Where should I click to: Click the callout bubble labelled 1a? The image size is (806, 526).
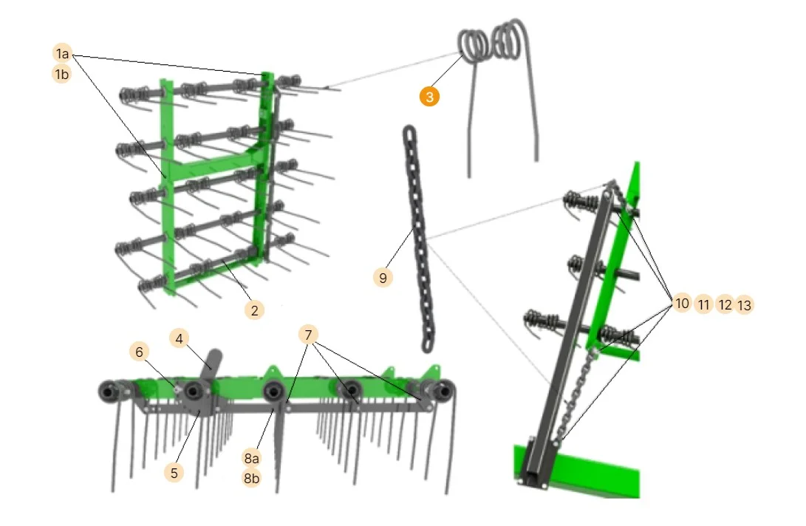point(62,53)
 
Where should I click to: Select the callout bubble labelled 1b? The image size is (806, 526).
point(62,75)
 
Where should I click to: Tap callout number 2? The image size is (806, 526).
point(254,310)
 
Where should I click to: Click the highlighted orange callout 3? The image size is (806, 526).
point(429,97)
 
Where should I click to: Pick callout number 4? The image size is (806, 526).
point(180,339)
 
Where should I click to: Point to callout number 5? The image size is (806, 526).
point(174,473)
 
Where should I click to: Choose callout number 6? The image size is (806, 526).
point(140,352)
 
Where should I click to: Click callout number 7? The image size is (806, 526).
point(308,335)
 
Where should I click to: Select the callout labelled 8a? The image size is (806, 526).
point(251,457)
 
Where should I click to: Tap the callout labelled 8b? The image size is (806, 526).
point(251,478)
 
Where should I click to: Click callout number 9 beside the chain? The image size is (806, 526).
point(383,278)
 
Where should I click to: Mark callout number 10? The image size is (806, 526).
point(682,304)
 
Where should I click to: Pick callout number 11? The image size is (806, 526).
point(704,305)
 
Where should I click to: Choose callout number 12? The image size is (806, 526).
point(725,305)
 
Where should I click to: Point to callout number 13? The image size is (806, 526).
point(745,305)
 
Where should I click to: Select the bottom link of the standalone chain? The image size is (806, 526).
point(427,344)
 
